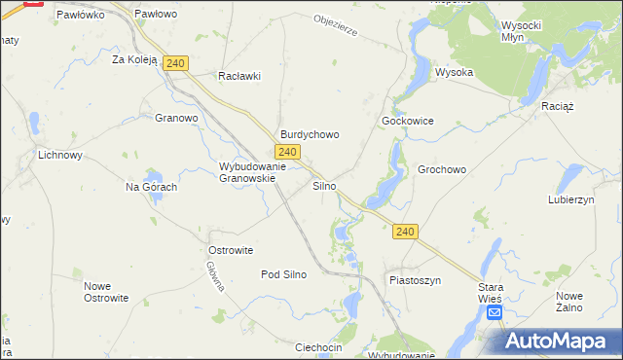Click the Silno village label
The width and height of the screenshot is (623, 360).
point(324,185)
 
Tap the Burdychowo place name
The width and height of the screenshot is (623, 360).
point(310,135)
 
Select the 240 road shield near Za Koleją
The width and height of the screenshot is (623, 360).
point(175,63)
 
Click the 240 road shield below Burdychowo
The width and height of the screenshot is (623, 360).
point(286,152)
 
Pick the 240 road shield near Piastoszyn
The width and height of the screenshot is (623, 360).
point(406,232)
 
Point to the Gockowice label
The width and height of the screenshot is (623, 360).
point(407,122)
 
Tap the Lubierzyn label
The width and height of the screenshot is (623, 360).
point(570,198)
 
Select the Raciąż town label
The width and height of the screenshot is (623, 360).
point(558,104)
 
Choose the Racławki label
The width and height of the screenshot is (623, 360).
point(239,76)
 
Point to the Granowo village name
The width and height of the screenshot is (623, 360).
point(176,119)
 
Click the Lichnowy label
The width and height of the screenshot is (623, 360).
point(59,155)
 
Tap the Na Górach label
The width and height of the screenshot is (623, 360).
point(151,187)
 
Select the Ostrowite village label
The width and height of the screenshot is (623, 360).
point(231,250)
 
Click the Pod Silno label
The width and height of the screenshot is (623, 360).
point(283,274)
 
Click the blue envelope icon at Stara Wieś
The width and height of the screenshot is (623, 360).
point(495,312)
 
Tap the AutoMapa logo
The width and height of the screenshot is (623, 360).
point(558,341)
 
